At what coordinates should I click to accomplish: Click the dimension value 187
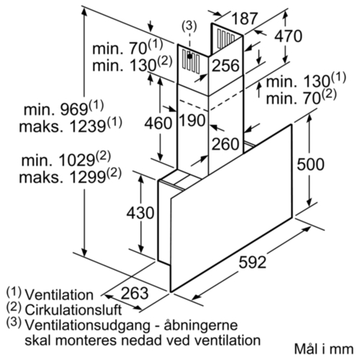[x=245, y=19]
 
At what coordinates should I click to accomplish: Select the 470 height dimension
[x=288, y=37]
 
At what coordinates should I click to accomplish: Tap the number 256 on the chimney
[x=225, y=66]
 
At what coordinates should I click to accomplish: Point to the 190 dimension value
[x=192, y=120]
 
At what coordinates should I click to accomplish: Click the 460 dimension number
[x=158, y=123]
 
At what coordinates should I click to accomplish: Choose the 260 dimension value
[x=225, y=144]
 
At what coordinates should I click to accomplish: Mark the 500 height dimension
[x=310, y=164]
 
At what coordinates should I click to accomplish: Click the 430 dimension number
[x=140, y=213]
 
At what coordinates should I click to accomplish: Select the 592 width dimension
[x=253, y=262]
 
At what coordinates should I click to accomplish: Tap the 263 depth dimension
[x=135, y=293]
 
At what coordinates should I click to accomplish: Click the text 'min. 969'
[x=55, y=109]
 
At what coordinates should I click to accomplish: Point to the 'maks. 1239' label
[x=62, y=127]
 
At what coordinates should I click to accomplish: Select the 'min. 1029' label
[x=58, y=161]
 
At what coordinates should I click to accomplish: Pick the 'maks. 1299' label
[x=62, y=177]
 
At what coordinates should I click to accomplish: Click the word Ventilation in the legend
[x=59, y=294]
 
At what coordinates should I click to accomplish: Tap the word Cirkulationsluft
[x=73, y=310]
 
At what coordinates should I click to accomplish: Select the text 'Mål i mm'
[x=324, y=348]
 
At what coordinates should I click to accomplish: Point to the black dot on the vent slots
[x=190, y=56]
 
